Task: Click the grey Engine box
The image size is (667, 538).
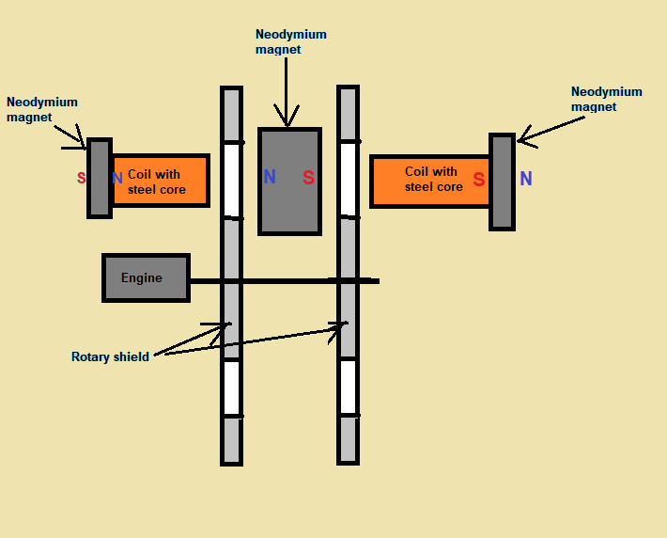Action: [146, 277]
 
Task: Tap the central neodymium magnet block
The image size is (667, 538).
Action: [289, 181]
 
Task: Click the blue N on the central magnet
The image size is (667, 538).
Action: [270, 177]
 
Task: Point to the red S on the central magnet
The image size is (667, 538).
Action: [309, 177]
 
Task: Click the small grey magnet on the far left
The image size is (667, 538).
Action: [100, 179]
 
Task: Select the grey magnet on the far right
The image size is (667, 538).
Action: [502, 182]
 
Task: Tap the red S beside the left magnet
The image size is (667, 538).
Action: [82, 178]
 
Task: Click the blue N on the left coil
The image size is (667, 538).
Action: [117, 178]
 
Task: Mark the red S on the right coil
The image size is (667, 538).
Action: [479, 180]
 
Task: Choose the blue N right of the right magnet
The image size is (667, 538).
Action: [526, 179]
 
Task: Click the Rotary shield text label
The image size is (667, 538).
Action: [110, 356]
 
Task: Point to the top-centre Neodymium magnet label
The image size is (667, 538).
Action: [290, 41]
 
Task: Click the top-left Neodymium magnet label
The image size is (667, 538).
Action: [42, 109]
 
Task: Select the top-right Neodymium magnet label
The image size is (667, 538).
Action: [606, 99]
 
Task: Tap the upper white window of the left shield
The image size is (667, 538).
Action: [232, 180]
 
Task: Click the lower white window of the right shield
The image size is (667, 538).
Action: [348, 387]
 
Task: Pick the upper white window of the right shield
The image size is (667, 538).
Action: [348, 179]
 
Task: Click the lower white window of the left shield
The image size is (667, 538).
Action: [232, 388]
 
